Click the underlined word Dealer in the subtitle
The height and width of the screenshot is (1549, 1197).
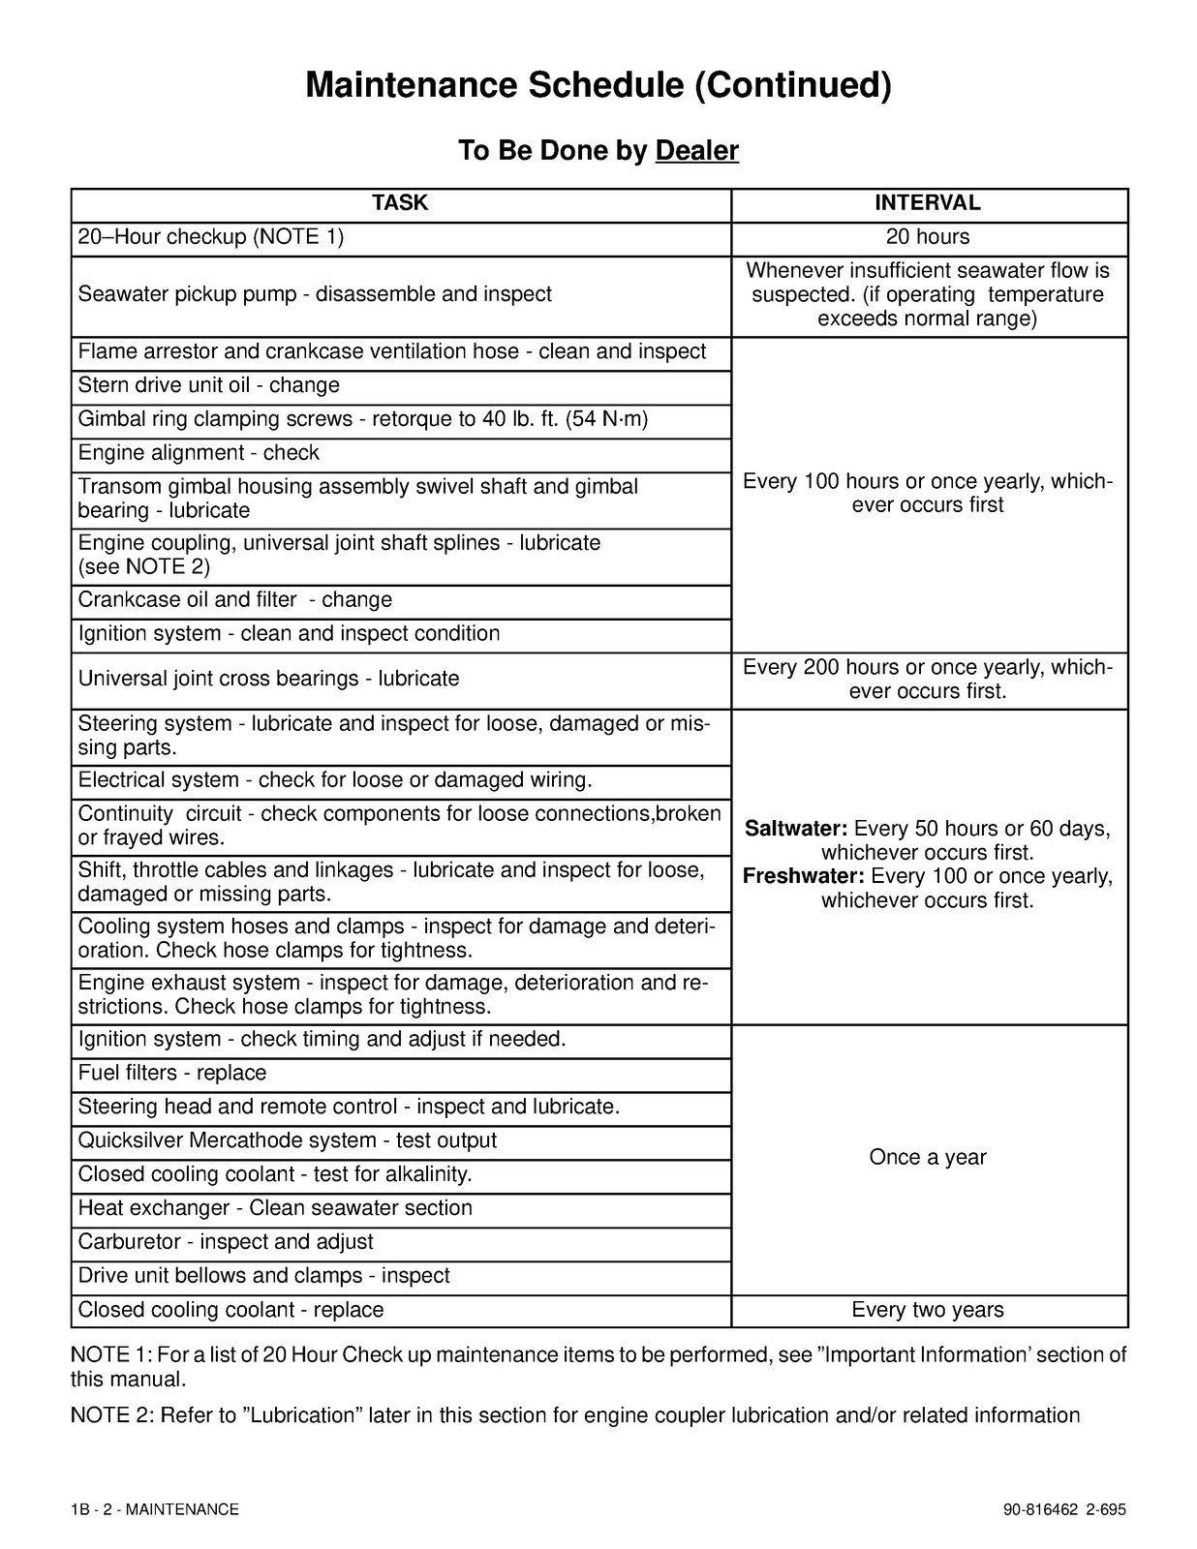coord(696,151)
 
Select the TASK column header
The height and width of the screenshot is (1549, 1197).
coord(400,202)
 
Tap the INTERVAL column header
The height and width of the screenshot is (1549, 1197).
coord(928,203)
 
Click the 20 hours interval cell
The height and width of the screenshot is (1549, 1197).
coord(928,237)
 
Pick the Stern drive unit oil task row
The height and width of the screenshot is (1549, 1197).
coord(209,385)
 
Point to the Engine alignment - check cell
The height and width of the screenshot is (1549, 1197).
coord(199,453)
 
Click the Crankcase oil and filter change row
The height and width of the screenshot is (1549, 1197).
coord(235,600)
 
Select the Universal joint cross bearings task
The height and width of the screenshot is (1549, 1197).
coord(268,679)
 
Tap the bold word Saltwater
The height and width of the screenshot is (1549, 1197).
coord(796,829)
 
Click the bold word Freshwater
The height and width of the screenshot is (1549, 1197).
coord(803,876)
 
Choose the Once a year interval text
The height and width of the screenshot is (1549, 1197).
coord(928,1158)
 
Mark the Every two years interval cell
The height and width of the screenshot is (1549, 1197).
coord(928,1310)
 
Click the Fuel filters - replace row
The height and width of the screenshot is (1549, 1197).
coord(172,1073)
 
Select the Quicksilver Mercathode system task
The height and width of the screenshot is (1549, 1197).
coord(288,1140)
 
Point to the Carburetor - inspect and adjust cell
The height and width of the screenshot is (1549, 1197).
coord(226,1242)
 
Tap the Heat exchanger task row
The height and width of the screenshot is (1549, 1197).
coord(275,1208)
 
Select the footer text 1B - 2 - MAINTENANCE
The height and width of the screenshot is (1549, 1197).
coord(155,1509)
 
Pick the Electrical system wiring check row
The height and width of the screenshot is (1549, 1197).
coord(335,780)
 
